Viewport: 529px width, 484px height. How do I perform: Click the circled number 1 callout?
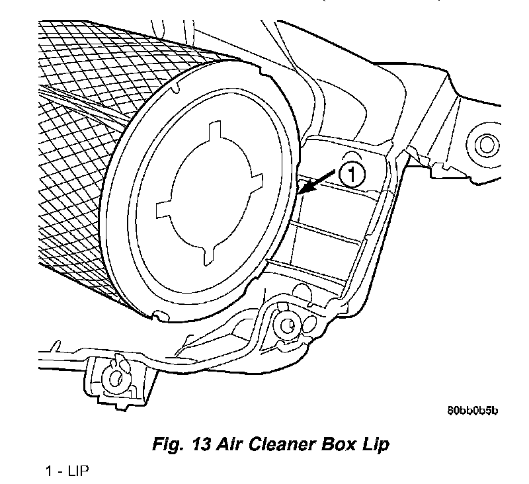pyautogui.click(x=351, y=175)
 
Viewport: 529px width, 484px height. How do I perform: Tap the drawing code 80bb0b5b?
pyautogui.click(x=471, y=411)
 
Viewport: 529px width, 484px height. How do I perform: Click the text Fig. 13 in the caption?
pyautogui.click(x=181, y=444)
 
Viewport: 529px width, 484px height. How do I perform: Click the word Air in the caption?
pyautogui.click(x=230, y=444)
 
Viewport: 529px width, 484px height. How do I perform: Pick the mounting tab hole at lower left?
pyautogui.click(x=116, y=378)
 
